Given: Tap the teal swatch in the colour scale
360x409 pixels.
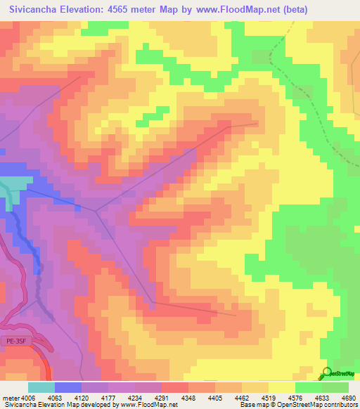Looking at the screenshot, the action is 41,387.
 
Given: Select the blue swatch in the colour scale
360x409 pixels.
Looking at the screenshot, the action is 67,387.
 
